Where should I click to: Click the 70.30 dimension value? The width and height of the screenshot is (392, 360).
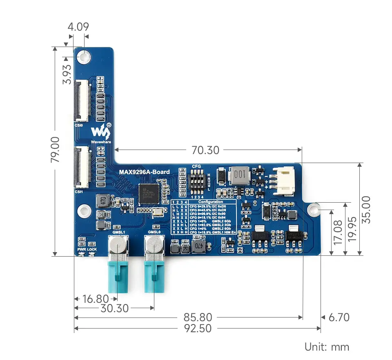pos(205,150)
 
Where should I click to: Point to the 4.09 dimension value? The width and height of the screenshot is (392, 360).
pos(78,27)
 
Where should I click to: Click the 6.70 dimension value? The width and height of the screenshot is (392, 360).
pos(339,317)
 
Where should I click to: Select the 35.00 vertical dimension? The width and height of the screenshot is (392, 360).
pos(366,209)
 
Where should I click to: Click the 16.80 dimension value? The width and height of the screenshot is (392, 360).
pos(96,299)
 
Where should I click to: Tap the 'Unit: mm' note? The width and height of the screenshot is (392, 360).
pos(327,347)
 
